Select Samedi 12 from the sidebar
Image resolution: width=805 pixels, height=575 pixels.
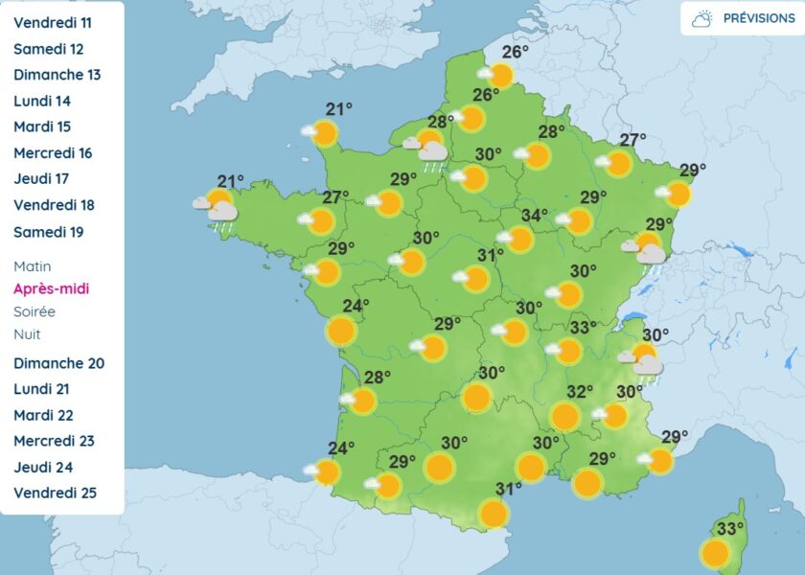tap(48, 49)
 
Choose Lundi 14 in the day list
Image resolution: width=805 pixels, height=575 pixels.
tap(42, 101)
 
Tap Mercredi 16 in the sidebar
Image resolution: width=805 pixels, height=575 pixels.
tap(53, 152)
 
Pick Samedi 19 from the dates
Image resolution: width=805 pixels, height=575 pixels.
tap(48, 231)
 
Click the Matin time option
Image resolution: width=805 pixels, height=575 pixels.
tap(33, 266)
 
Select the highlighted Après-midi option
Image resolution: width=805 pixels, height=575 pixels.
tap(51, 288)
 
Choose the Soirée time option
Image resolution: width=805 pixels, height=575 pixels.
tap(34, 311)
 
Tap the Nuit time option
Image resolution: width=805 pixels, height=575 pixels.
tap(27, 333)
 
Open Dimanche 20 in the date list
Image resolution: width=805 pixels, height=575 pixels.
tap(58, 363)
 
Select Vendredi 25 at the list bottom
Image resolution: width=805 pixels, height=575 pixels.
tap(55, 494)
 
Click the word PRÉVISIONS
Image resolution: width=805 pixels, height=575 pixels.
tap(758, 18)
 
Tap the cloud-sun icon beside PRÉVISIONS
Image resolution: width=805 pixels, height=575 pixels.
tap(703, 18)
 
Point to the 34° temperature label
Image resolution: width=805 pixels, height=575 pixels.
tap(535, 216)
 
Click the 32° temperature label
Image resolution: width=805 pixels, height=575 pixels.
tap(580, 392)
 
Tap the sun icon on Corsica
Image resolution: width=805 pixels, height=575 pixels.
tap(715, 553)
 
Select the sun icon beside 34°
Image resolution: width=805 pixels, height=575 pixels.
tap(519, 239)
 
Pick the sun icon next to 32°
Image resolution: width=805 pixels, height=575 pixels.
tap(565, 417)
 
